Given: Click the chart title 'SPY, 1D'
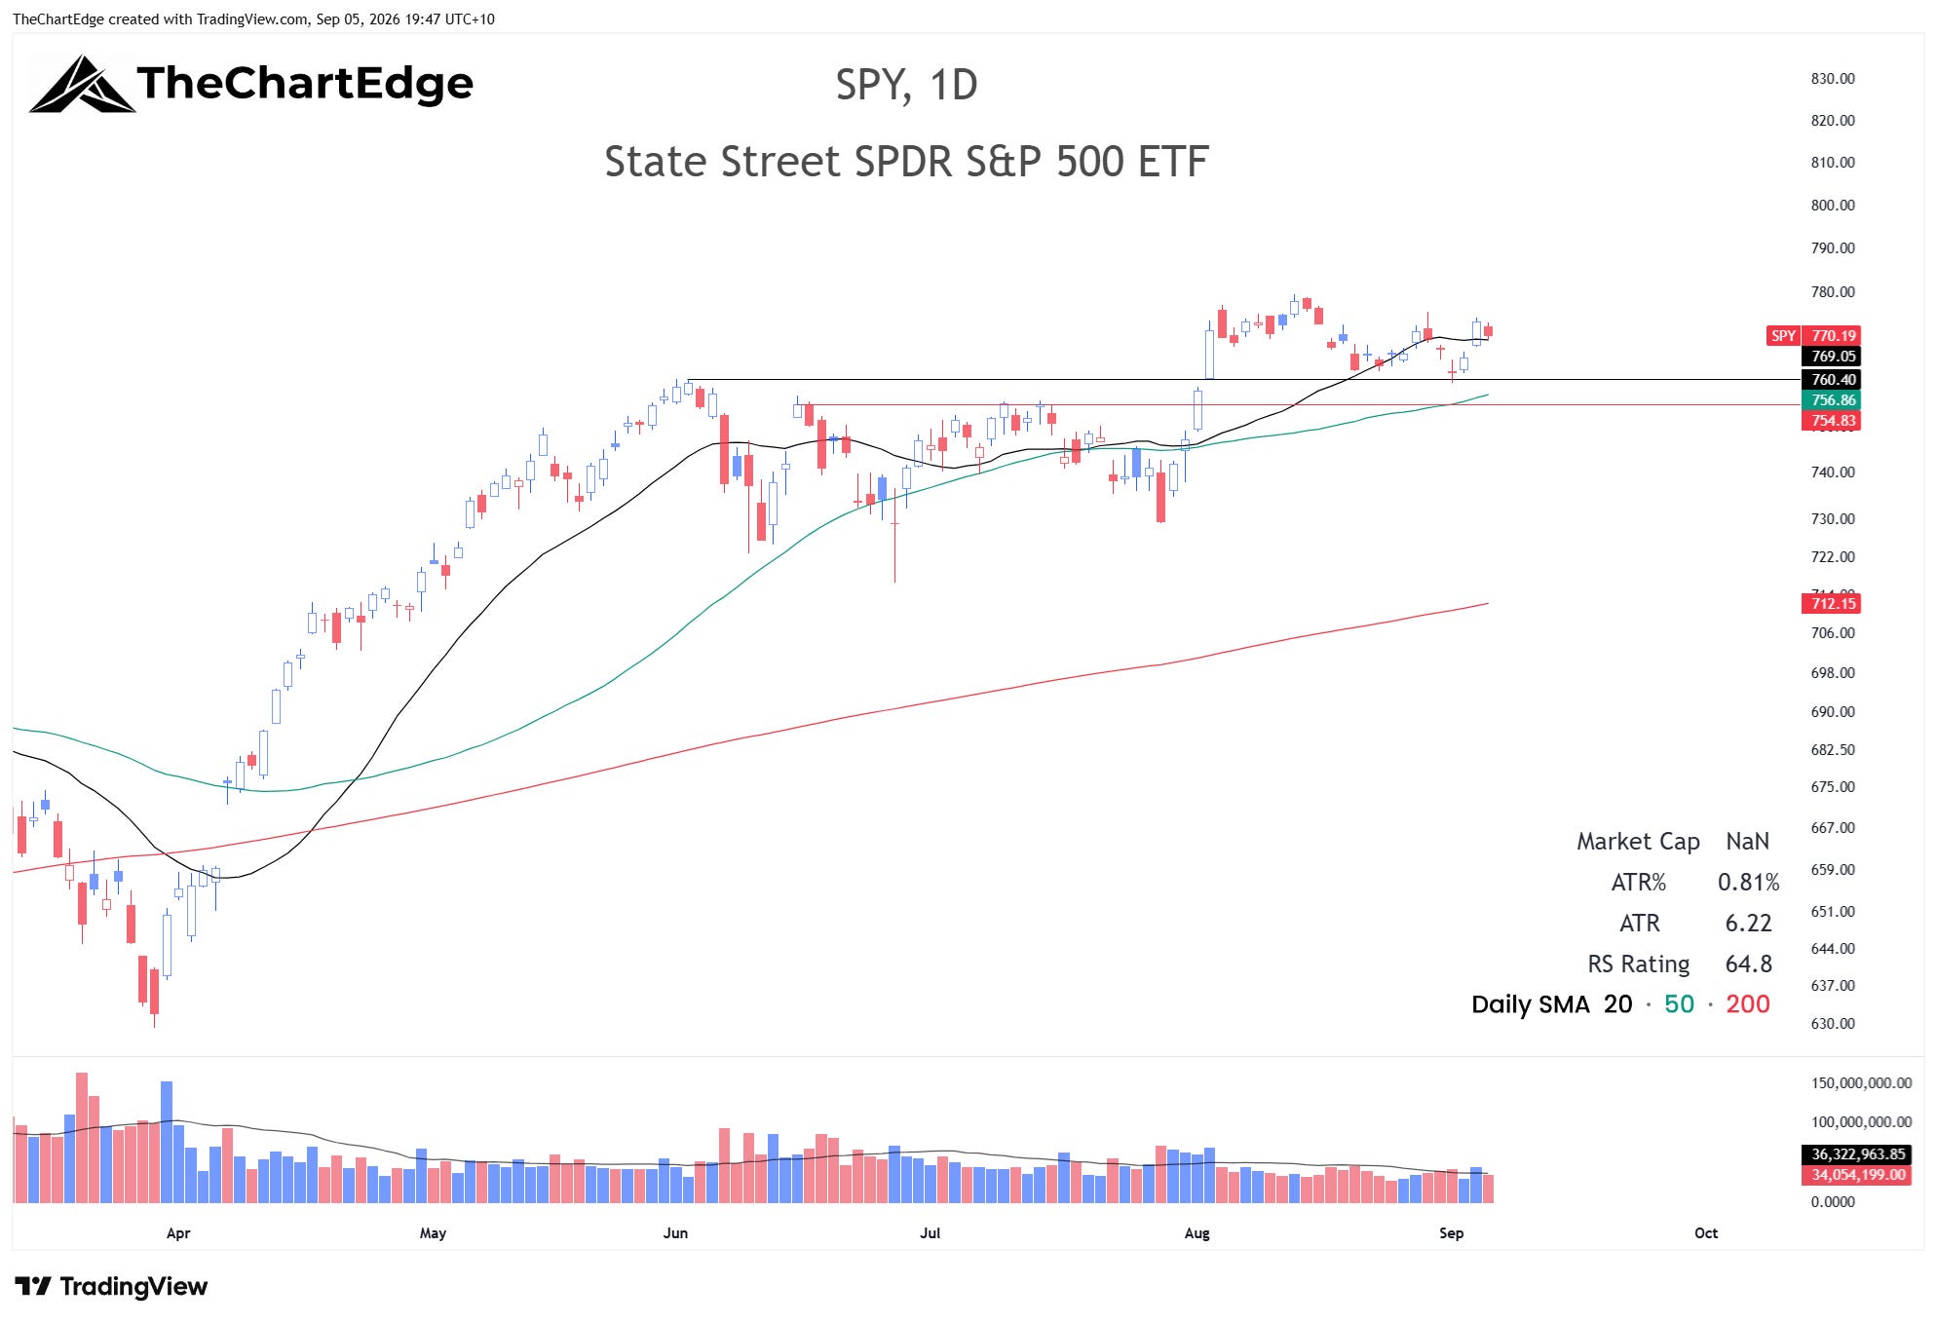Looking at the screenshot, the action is (x=906, y=86).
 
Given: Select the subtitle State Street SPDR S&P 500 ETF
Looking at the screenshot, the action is (x=906, y=162).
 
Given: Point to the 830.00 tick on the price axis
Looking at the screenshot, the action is (x=1833, y=79).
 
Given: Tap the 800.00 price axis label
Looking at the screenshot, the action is (x=1833, y=206).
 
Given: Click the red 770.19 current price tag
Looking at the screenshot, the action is (x=1832, y=336).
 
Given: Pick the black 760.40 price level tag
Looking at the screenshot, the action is (x=1832, y=380).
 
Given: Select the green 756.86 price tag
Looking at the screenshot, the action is (x=1832, y=400).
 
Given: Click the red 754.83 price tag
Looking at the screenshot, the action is (x=1832, y=421).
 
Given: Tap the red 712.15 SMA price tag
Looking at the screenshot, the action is (x=1832, y=604).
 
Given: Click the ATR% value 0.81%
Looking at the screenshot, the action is (x=1748, y=883).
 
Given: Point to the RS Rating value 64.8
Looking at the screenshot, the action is (x=1748, y=964).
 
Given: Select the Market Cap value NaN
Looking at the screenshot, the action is (x=1747, y=842).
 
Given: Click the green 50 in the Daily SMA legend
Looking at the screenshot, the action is (x=1679, y=1004).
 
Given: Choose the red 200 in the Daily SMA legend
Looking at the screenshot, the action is (x=1748, y=1004).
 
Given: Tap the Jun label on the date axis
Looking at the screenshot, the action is (x=675, y=1233).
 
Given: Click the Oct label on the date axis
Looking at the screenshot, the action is (x=1706, y=1233).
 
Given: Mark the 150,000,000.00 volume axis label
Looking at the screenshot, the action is (x=1861, y=1083).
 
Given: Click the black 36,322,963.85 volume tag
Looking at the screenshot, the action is (x=1857, y=1154).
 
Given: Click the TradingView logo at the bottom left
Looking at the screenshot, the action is (x=111, y=1287).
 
